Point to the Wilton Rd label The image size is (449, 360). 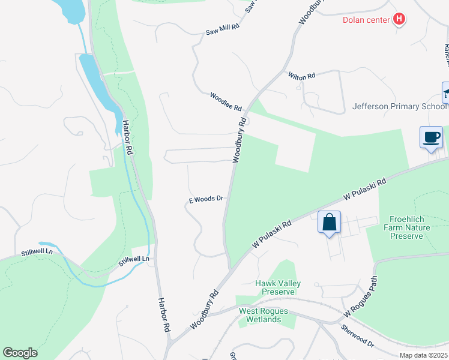click(x=301, y=76)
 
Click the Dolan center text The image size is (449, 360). click(x=366, y=20)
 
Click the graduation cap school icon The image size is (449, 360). click(x=446, y=93)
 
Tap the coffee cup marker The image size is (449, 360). click(x=432, y=137)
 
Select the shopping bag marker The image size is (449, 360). click(x=330, y=223)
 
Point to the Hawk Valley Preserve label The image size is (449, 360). click(x=278, y=287)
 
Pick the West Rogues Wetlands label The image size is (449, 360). click(x=264, y=315)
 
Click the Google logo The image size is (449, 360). click(x=20, y=353)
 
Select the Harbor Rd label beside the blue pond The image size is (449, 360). click(x=128, y=135)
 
